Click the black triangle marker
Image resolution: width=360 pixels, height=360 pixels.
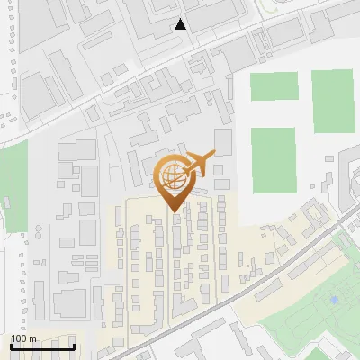click(x=181, y=24)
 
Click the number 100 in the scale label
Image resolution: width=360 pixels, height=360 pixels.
click(x=19, y=339)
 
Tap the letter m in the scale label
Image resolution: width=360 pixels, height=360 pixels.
click(x=32, y=339)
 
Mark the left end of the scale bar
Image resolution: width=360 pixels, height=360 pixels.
click(x=11, y=346)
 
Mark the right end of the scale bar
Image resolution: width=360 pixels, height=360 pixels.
click(x=74, y=346)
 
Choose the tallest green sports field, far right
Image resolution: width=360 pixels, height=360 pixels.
click(x=332, y=101)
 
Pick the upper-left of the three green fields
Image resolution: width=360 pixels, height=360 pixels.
click(x=273, y=86)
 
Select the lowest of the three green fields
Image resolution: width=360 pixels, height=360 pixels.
click(x=274, y=159)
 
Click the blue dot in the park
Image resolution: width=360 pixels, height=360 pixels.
click(x=334, y=299)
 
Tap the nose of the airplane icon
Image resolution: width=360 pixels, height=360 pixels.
click(x=215, y=155)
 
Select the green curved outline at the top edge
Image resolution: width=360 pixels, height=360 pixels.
click(x=270, y=7)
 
